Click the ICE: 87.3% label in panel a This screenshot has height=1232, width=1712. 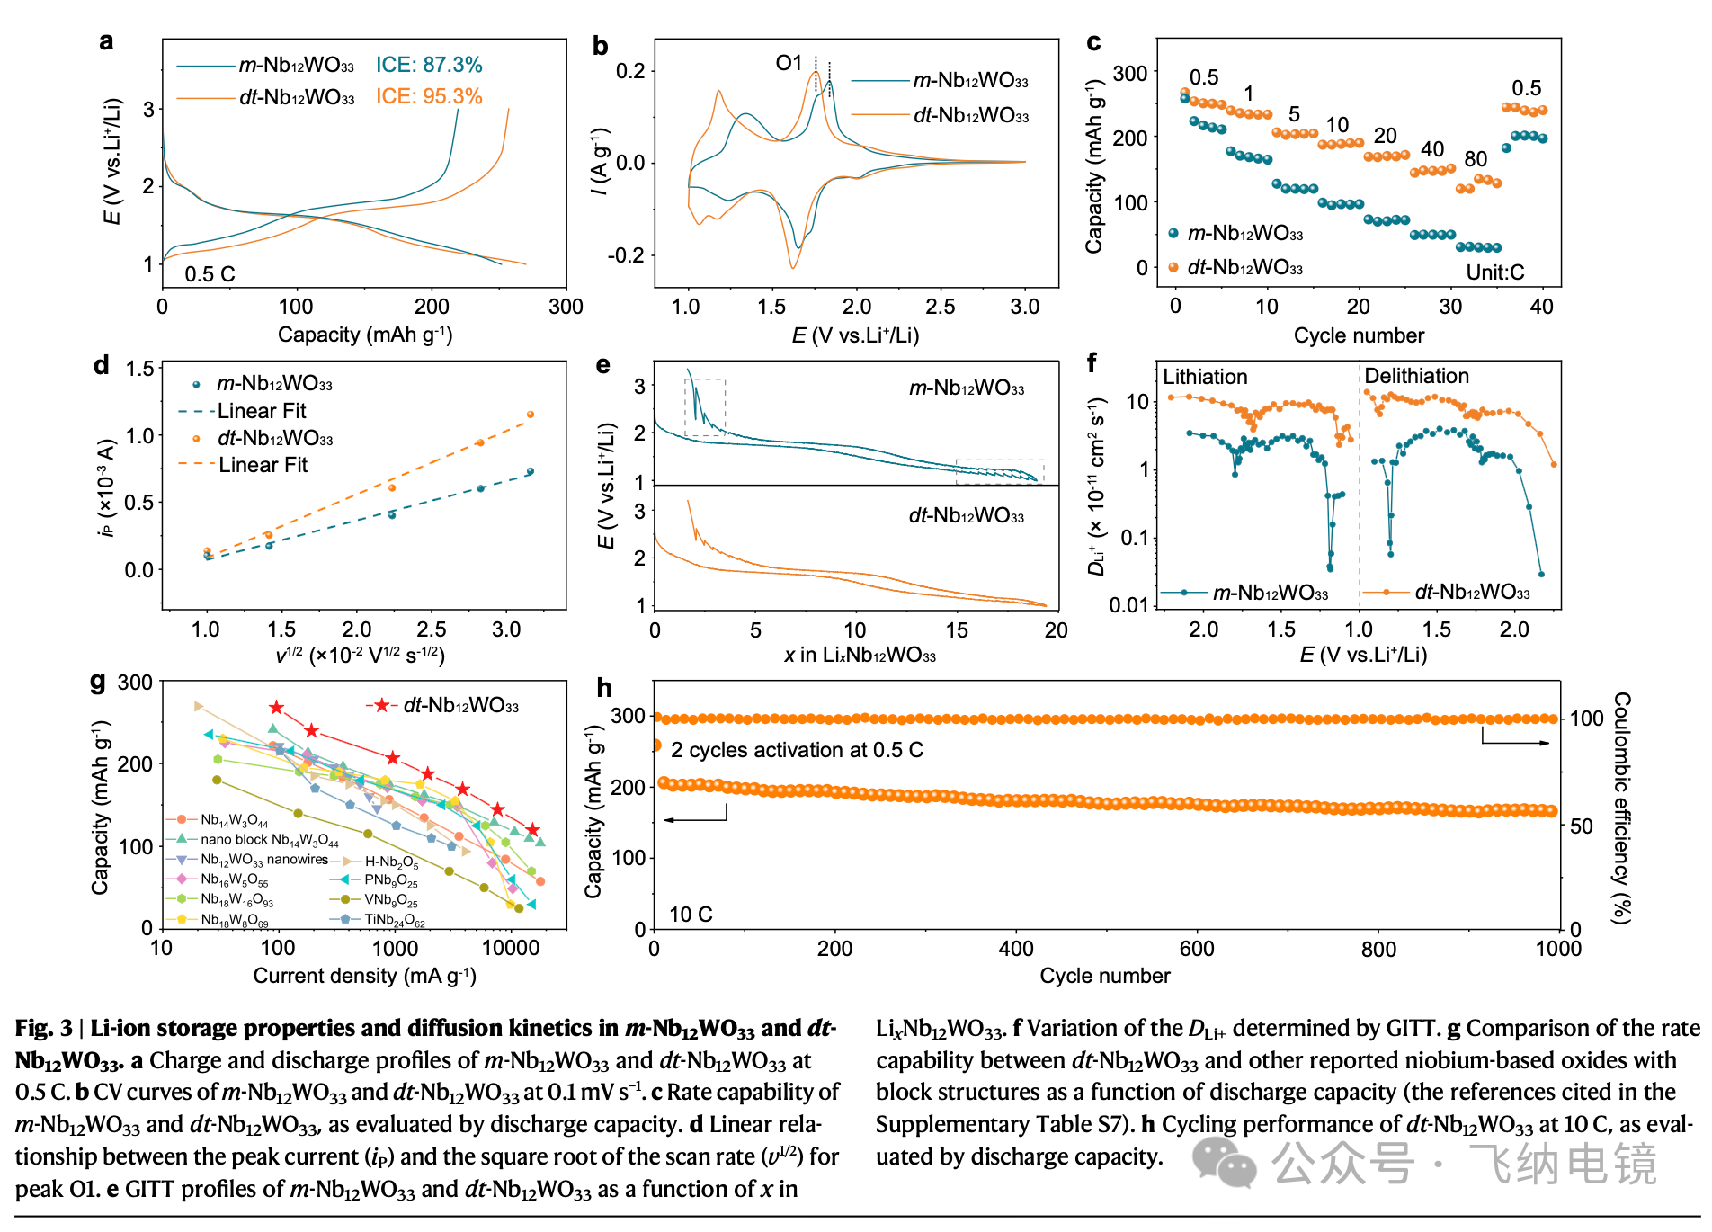429,65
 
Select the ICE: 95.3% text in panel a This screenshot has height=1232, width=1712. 429,96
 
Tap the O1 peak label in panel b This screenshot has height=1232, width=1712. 789,63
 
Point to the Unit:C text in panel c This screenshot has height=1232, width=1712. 1495,272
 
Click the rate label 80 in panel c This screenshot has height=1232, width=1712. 1476,159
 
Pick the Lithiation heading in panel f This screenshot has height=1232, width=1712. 1205,377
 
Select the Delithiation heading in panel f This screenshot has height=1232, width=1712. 1416,376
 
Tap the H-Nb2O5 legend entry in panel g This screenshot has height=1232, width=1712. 391,862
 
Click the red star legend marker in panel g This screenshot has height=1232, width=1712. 382,705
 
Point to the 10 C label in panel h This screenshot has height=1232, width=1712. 691,915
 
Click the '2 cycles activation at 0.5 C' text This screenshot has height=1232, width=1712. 797,750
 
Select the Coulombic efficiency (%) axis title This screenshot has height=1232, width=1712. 1621,808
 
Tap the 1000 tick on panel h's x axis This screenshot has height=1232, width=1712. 1558,949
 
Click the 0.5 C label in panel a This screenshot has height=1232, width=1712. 210,274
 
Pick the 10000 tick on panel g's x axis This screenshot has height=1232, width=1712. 511,948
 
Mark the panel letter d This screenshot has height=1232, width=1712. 101,365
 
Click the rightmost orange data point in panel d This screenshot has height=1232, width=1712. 531,415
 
